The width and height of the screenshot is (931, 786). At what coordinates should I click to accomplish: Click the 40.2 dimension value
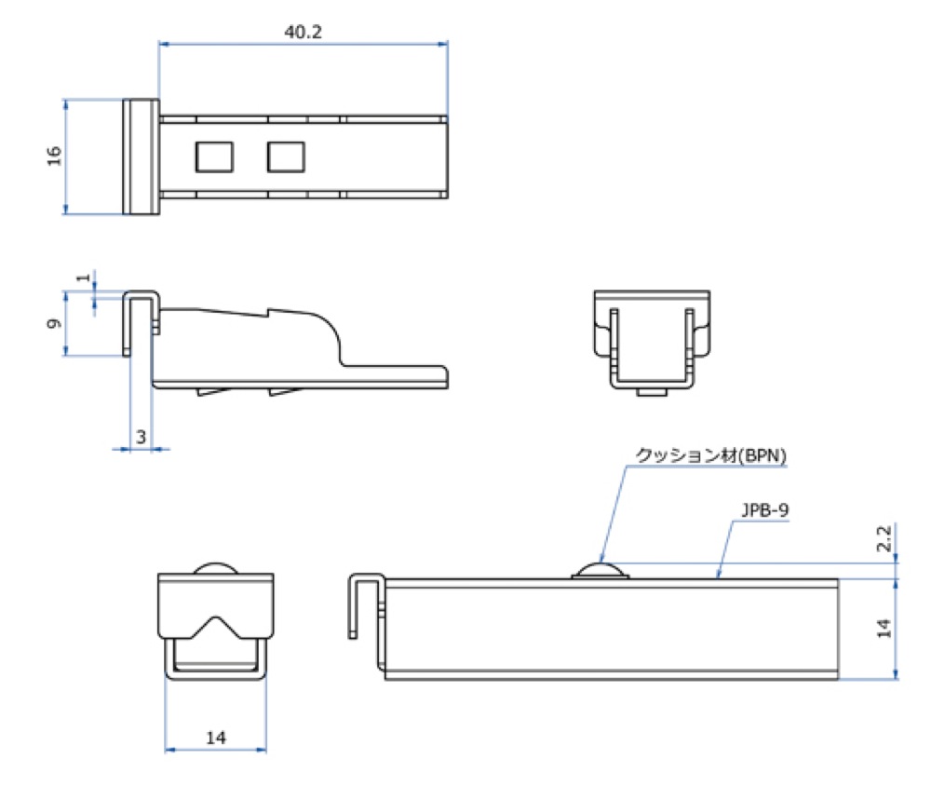303,32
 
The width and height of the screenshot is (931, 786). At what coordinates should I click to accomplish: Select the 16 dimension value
54,156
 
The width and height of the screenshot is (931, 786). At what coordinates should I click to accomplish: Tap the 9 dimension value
54,324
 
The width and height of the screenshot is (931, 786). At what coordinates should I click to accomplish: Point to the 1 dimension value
85,277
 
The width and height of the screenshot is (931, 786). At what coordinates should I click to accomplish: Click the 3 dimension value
141,437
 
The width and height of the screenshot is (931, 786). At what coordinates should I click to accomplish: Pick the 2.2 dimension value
884,537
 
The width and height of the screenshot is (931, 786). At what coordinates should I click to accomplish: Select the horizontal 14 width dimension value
216,738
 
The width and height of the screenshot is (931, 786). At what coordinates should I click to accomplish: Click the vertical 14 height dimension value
884,628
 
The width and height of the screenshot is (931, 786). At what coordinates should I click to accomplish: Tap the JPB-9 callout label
764,510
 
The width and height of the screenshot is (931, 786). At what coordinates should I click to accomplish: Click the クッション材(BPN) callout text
710,455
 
